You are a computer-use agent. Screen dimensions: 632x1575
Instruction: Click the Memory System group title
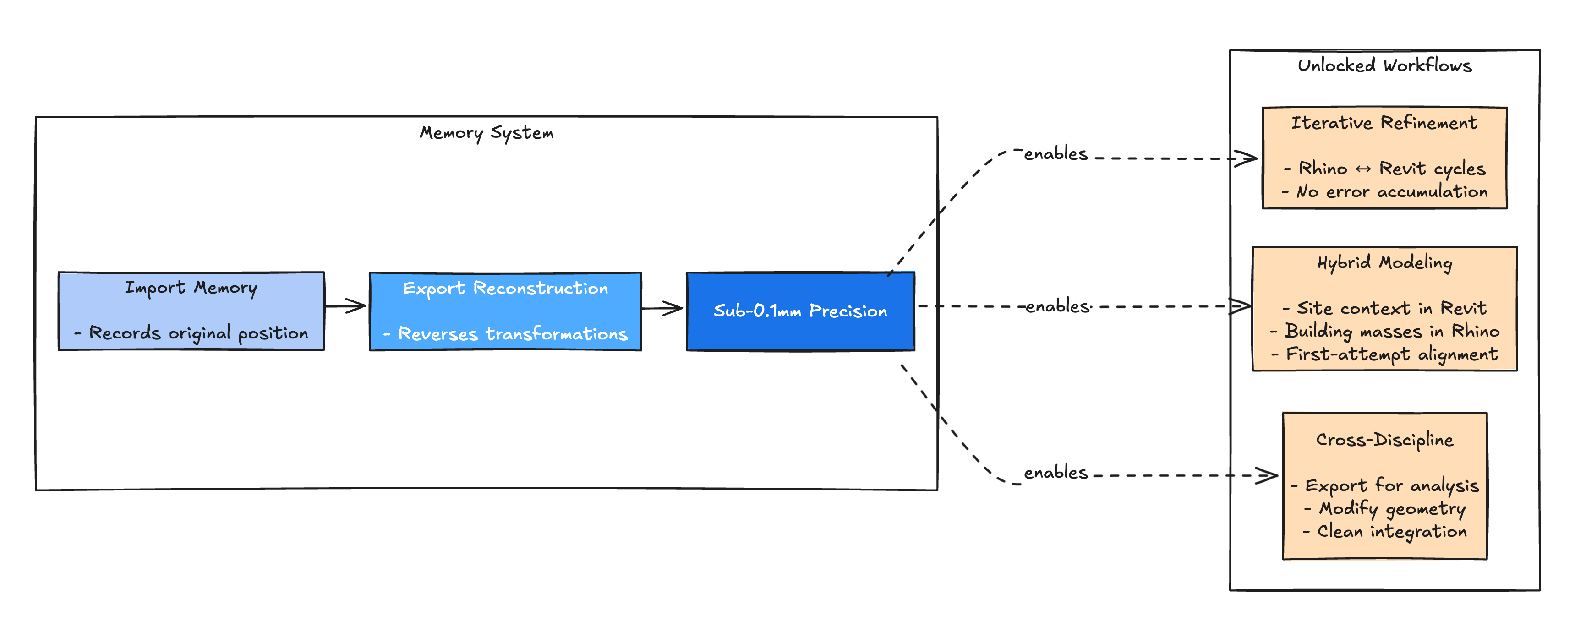[486, 133]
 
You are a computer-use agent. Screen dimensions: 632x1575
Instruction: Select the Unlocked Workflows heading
[1384, 65]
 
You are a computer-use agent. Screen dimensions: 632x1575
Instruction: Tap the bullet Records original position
[191, 333]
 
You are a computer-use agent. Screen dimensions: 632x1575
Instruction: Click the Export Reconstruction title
[505, 288]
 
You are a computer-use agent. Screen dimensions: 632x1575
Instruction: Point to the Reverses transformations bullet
[506, 334]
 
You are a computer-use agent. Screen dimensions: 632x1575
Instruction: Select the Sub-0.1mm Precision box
[800, 311]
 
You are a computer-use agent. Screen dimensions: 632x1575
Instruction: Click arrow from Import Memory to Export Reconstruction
[345, 305]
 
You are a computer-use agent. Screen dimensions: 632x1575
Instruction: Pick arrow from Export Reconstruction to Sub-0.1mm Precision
[662, 308]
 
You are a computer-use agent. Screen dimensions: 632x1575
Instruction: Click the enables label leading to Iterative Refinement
[1056, 154]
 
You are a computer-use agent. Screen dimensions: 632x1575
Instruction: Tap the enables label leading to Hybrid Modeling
[1057, 306]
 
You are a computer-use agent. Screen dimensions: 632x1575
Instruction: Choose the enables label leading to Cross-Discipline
[1056, 473]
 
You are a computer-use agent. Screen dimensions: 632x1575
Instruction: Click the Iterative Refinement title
[1384, 123]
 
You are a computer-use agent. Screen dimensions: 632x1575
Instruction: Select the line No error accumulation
[1385, 192]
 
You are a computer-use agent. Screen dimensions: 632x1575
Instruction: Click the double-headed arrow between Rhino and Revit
[1363, 169]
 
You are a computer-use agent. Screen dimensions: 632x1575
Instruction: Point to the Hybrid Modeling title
[1384, 263]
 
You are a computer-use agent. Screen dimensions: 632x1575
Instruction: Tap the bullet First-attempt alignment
[1385, 354]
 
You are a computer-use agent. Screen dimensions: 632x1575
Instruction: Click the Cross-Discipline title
[1384, 440]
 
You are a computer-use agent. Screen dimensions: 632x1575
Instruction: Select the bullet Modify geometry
[1385, 508]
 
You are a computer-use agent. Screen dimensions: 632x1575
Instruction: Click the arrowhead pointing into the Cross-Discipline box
[1268, 475]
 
